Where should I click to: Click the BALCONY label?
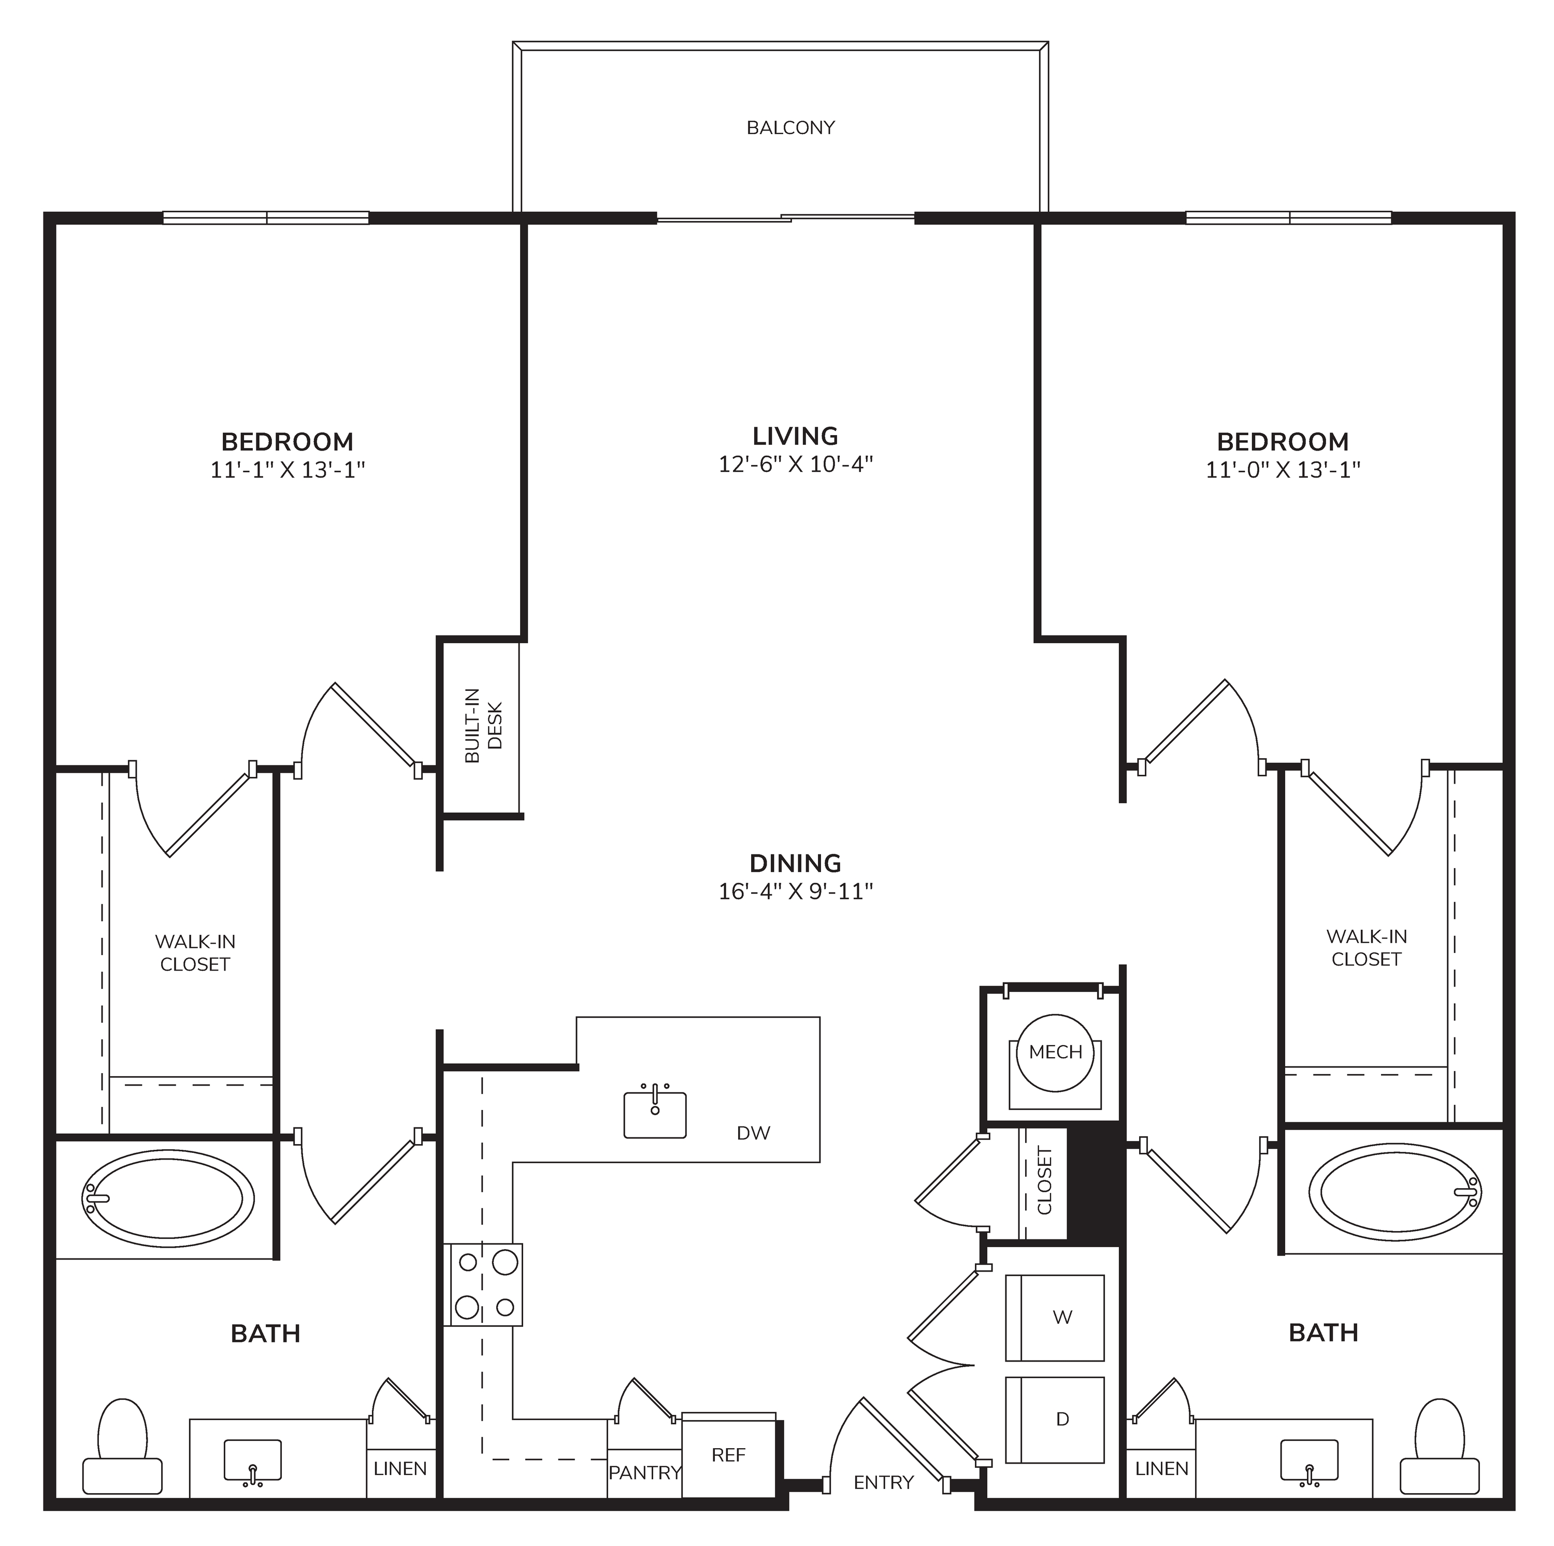pyautogui.click(x=790, y=128)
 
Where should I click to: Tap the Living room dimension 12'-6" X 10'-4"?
pyautogui.click(x=796, y=464)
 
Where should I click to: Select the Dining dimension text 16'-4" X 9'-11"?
pyautogui.click(x=796, y=891)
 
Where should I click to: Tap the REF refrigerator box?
pyautogui.click(x=729, y=1456)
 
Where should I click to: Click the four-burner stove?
pyautogui.click(x=483, y=1284)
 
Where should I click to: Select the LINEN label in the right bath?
pyautogui.click(x=1161, y=1469)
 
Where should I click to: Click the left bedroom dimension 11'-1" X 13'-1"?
pyautogui.click(x=288, y=470)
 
